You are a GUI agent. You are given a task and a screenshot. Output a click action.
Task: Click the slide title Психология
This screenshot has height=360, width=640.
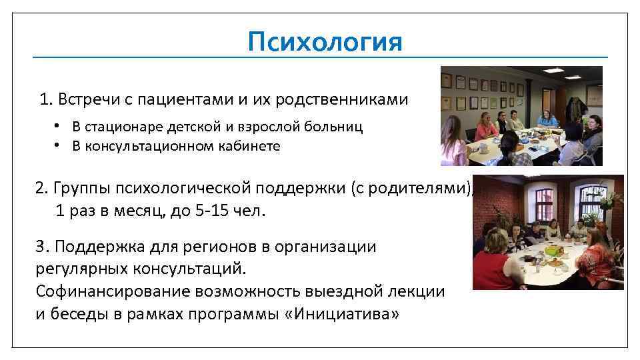[x=325, y=42]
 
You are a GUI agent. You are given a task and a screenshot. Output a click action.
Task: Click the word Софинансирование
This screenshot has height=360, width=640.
[x=113, y=291]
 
